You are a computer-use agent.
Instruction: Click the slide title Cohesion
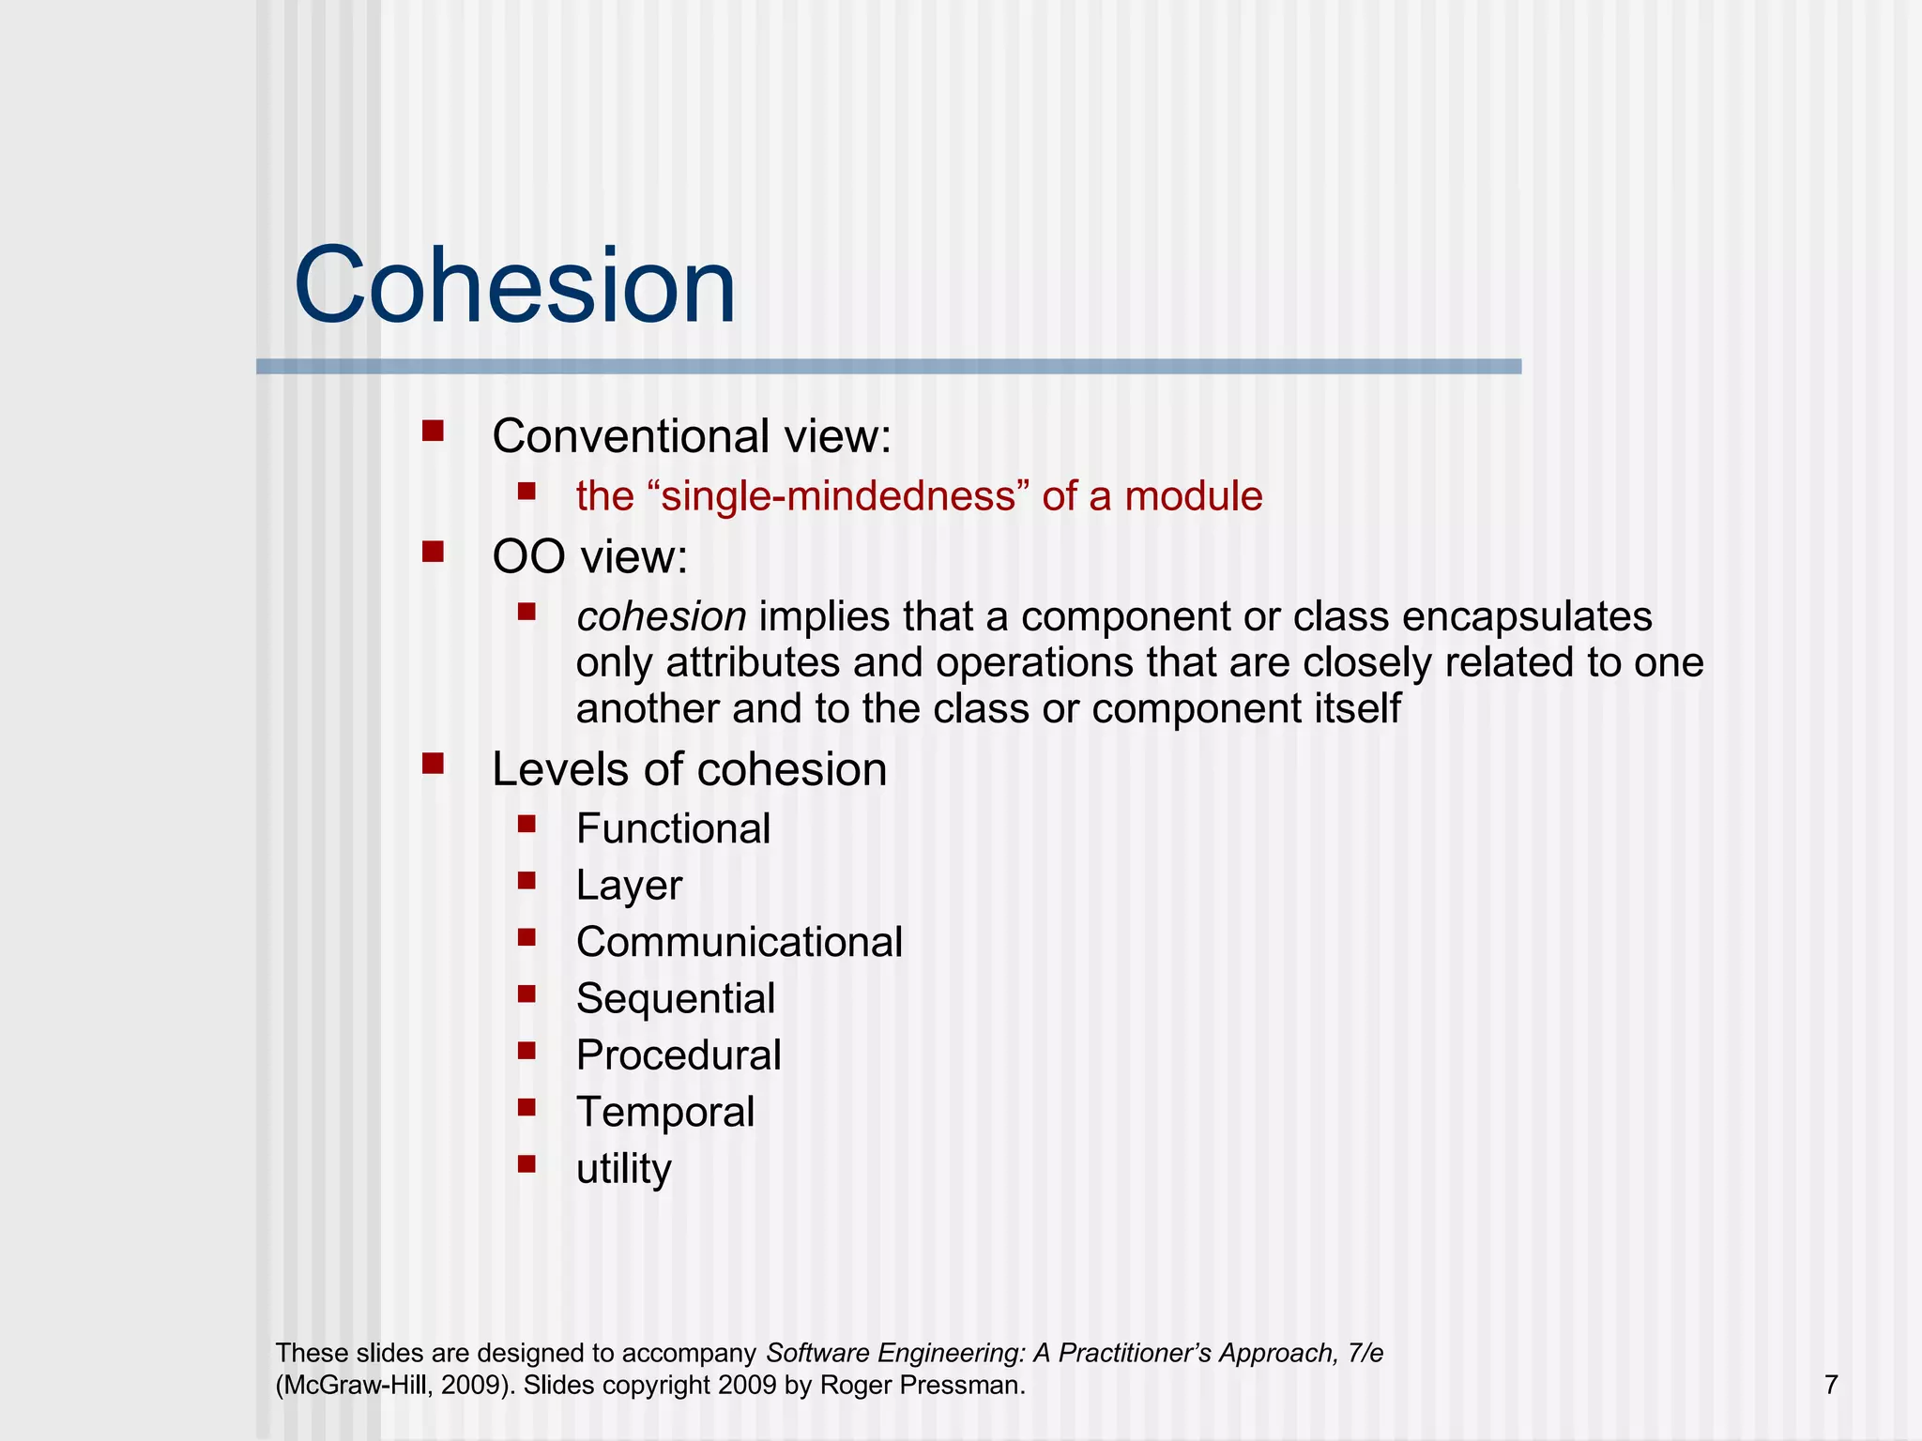coord(514,285)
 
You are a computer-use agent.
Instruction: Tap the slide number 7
coord(1831,1385)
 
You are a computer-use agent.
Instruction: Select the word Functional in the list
coord(673,829)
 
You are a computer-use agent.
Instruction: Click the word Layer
coord(629,886)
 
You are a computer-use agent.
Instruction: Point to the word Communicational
coord(740,942)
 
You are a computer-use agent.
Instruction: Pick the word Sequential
coord(676,999)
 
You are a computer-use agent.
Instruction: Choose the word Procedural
coord(679,1055)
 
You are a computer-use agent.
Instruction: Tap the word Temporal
coord(665,1113)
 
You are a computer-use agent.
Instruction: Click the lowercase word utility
coord(624,1169)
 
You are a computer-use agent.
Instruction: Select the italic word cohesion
coord(661,617)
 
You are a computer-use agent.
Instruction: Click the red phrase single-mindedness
coord(839,496)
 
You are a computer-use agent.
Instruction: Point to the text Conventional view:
coord(692,436)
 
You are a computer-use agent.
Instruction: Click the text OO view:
coord(590,557)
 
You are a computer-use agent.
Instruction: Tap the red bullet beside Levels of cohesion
coord(433,764)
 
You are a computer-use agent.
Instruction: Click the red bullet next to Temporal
coord(526,1108)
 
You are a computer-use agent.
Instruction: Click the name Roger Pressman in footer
coord(921,1386)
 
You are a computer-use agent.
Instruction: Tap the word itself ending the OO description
coord(1356,708)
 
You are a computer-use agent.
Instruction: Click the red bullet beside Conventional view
coord(433,431)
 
